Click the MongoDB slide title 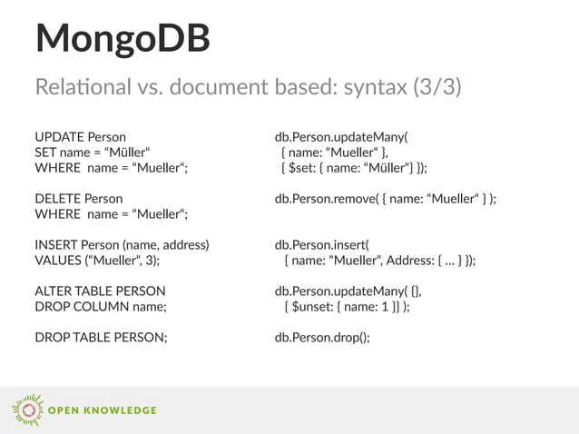(x=123, y=40)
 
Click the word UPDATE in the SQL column (x=58, y=138)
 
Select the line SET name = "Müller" (x=93, y=153)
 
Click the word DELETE (x=57, y=198)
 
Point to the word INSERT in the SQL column (x=56, y=245)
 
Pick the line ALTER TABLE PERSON (x=100, y=291)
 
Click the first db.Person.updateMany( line (x=341, y=138)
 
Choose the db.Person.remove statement (x=386, y=198)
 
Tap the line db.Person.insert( (x=322, y=245)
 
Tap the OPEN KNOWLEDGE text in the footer (x=102, y=410)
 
